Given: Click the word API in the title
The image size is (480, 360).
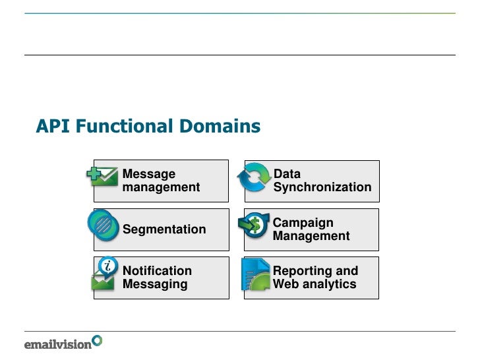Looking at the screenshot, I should pyautogui.click(x=53, y=126).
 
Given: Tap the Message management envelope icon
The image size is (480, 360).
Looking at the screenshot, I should pyautogui.click(x=103, y=175).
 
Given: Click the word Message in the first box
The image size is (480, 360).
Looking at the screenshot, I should pyautogui.click(x=149, y=174).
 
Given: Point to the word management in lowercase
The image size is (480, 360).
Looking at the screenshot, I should pyautogui.click(x=161, y=187).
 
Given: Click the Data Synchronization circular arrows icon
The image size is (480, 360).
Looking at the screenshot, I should pyautogui.click(x=254, y=178).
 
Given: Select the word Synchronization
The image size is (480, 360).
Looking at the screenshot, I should pyautogui.click(x=322, y=187).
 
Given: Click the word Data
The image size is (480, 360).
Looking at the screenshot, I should pyautogui.click(x=287, y=174).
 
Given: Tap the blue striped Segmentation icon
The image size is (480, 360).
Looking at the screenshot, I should pyautogui.click(x=104, y=225).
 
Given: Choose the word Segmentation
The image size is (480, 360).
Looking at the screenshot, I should pyautogui.click(x=164, y=229).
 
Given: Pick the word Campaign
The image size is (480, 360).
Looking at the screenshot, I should pyautogui.click(x=303, y=223).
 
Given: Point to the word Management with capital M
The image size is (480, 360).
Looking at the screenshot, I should pyautogui.click(x=311, y=236).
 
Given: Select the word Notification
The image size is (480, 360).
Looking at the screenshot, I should pyautogui.click(x=157, y=271).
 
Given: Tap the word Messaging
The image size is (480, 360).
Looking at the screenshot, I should pyautogui.click(x=155, y=284).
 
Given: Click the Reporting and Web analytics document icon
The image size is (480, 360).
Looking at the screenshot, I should pyautogui.click(x=256, y=275).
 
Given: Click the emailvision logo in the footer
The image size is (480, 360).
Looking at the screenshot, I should pyautogui.click(x=63, y=343).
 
